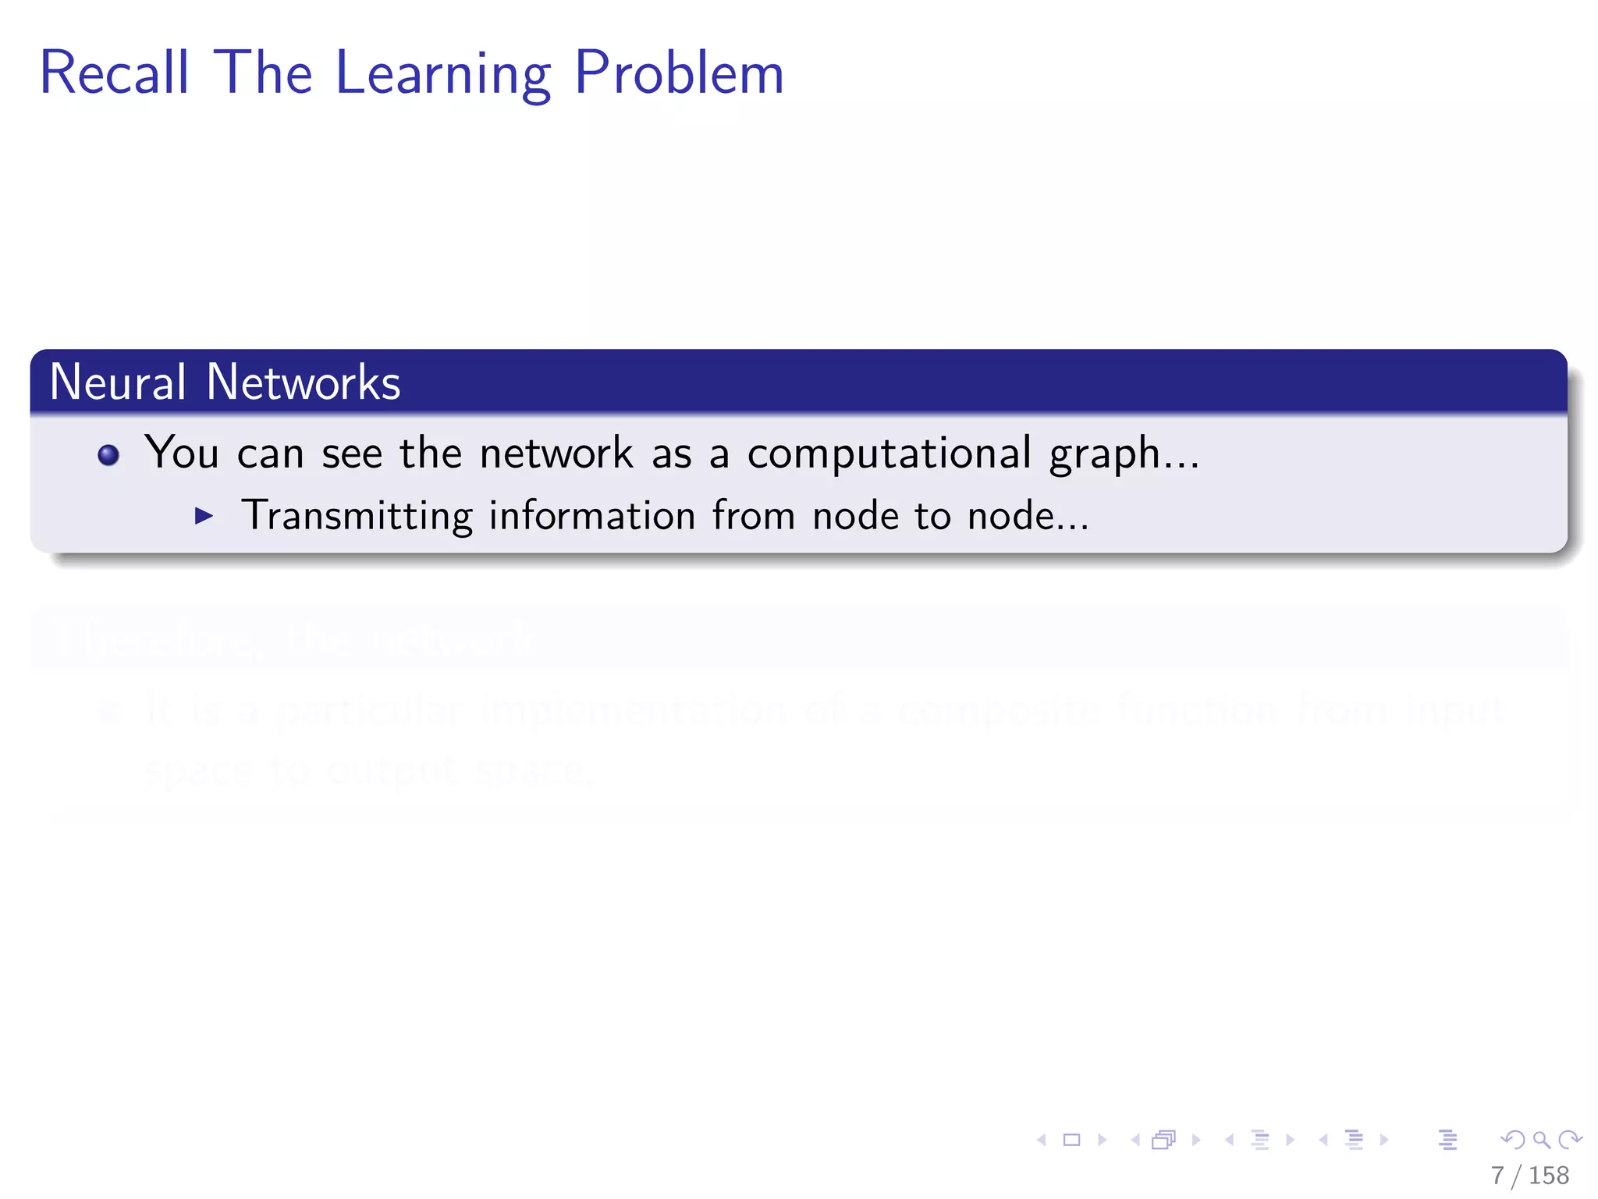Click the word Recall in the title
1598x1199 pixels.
coord(115,73)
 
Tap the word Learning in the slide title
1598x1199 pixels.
coord(443,74)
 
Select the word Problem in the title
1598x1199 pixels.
coord(679,73)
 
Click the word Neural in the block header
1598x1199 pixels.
coord(118,382)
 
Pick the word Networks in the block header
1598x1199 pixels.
coord(304,382)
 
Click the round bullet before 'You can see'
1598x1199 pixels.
coord(108,455)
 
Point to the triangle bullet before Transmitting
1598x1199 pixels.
coord(204,515)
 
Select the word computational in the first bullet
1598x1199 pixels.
coord(889,454)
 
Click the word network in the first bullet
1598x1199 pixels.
coord(556,454)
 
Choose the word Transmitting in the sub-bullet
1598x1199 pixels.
coord(357,516)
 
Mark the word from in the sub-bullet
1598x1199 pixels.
coord(753,516)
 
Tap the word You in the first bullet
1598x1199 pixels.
coord(182,454)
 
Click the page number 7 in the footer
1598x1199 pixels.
coord(1497,1176)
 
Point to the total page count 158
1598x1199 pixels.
coord(1548,1176)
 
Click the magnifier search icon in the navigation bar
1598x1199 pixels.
coord(1541,1140)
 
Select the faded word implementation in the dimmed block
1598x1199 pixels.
coord(634,710)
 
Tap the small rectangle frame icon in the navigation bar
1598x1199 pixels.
coord(1072,1140)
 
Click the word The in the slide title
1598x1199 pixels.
coord(262,73)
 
